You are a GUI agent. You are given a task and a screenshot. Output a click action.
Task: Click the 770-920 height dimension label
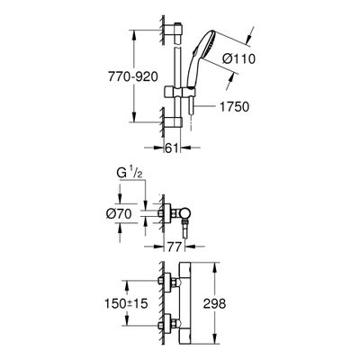point(133,77)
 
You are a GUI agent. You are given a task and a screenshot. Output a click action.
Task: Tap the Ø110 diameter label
point(238,58)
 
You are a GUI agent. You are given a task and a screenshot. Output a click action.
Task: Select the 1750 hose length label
point(235,106)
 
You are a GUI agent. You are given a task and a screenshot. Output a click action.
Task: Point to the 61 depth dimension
point(172,148)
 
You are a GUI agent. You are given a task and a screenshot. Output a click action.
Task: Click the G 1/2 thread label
point(129,175)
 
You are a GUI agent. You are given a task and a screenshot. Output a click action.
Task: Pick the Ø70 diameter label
point(119,213)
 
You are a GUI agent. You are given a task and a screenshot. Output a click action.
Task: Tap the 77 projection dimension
point(175,247)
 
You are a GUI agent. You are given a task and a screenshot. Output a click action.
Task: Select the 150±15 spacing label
point(126,303)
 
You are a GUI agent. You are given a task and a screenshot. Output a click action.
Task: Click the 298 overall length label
point(214,303)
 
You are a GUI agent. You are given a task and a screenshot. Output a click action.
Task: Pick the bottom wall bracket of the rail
point(173,122)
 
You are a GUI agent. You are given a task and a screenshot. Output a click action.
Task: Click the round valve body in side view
point(184,213)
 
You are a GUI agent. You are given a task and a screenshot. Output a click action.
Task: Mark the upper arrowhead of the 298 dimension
point(214,267)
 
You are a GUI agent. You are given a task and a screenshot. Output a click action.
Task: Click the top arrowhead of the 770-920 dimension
point(134,34)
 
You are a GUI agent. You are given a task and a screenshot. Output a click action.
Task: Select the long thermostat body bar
point(184,303)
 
